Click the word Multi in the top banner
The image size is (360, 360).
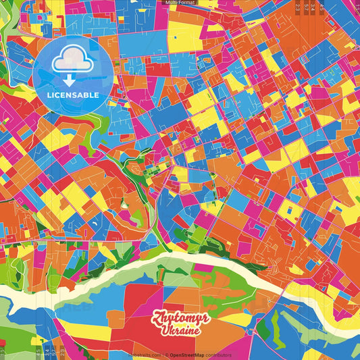[172, 3]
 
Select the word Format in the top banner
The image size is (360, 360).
[188, 3]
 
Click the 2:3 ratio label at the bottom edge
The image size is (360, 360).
[62, 352]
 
